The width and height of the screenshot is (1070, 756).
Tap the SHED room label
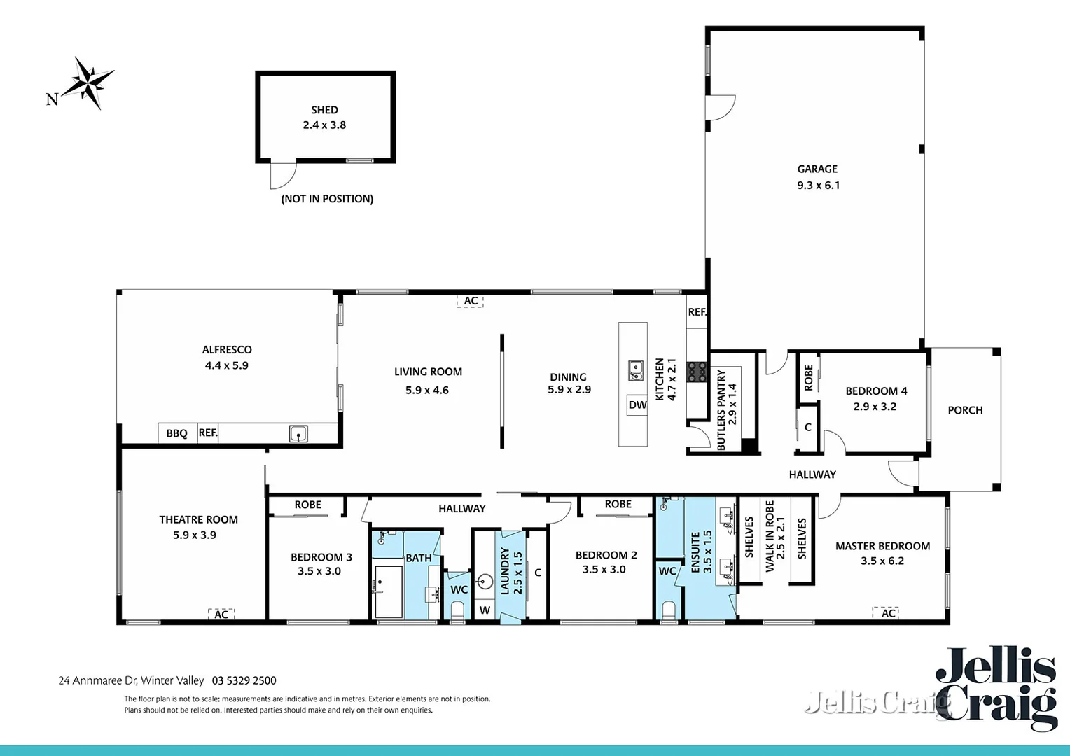[324, 110]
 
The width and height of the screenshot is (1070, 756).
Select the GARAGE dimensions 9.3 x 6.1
[818, 185]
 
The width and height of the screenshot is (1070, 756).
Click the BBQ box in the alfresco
[176, 433]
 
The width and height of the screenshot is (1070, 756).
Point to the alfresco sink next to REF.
[298, 434]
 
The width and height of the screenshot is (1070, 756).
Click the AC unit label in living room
[471, 301]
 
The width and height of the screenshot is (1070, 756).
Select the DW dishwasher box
[637, 405]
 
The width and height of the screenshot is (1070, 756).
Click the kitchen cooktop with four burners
[696, 371]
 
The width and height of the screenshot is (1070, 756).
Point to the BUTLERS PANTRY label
[721, 409]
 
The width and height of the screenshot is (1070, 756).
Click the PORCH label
[965, 410]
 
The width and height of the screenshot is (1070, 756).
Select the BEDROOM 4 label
[876, 391]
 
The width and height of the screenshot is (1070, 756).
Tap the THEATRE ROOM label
[198, 519]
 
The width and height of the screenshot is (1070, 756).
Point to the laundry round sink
[485, 581]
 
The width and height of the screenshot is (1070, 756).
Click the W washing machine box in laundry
[485, 610]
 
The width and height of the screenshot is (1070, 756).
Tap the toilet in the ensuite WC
[668, 611]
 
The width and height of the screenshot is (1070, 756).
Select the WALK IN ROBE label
[770, 535]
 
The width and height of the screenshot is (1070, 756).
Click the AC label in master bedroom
[888, 613]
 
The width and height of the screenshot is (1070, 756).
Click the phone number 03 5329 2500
[244, 680]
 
